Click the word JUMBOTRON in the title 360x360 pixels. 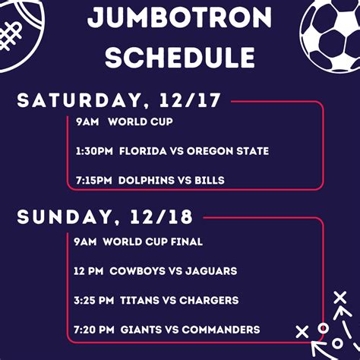tap(179, 17)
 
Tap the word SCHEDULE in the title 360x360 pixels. tap(180, 58)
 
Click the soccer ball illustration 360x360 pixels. tap(330, 36)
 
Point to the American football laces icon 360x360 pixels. tap(10, 36)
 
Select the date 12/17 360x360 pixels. tap(190, 100)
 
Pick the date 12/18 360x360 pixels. tap(161, 217)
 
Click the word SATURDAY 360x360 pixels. tap(79, 101)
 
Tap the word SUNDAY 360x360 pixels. tap(65, 217)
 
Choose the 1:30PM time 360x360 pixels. tap(94, 151)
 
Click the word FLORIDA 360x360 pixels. tap(143, 151)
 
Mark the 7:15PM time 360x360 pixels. tap(94, 180)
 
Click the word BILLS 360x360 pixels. tap(210, 180)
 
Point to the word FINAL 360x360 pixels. tap(187, 242)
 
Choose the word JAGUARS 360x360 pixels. tap(211, 271)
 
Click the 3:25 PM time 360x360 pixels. tap(94, 300)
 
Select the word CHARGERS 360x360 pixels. tap(209, 300)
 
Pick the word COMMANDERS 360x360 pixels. tap(221, 330)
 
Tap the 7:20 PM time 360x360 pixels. tap(94, 330)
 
